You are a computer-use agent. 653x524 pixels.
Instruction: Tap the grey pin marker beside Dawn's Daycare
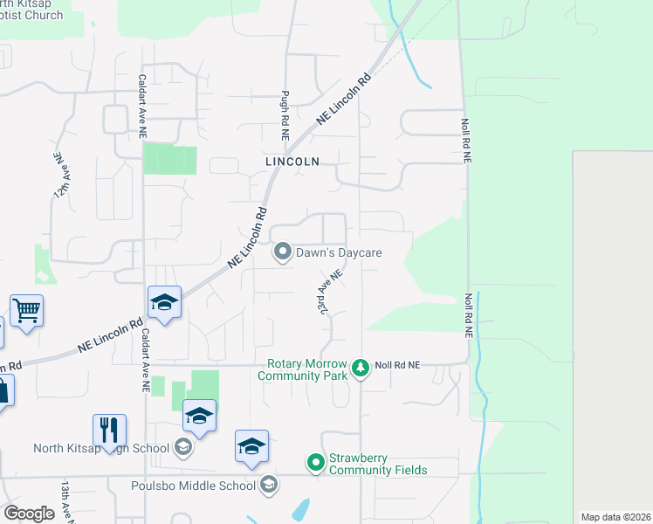point(282,252)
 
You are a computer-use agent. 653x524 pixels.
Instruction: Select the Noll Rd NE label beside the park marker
point(397,364)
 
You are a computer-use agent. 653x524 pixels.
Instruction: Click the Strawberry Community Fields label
point(377,464)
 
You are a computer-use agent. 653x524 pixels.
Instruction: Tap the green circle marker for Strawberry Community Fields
point(314,460)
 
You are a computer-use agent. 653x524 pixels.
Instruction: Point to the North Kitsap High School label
point(100,449)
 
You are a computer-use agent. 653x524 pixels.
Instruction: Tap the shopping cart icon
point(27,309)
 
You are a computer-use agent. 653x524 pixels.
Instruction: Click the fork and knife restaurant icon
point(109,430)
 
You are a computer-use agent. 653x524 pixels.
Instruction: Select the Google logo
point(28,514)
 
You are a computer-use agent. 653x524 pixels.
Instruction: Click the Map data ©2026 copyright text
point(615,517)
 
